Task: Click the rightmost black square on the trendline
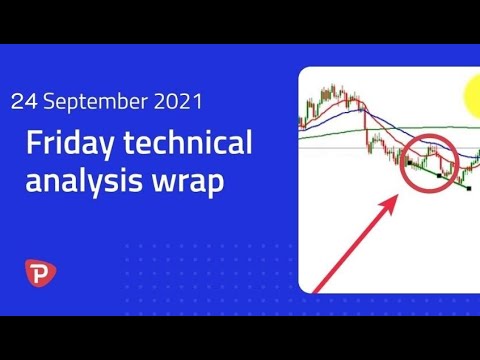[x=468, y=187]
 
